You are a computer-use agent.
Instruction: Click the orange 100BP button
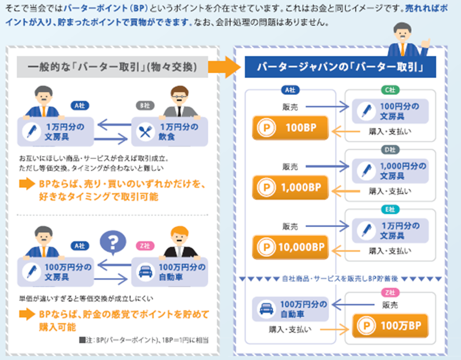point(290,128)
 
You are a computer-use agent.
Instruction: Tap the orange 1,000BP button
point(290,187)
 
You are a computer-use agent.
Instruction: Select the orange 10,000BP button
point(290,247)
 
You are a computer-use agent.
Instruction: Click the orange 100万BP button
point(390,326)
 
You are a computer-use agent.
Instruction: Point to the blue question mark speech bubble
point(113,243)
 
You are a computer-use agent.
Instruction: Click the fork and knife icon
point(145,132)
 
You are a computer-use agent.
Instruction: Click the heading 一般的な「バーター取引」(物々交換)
point(112,67)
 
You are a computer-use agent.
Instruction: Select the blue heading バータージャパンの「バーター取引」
point(340,67)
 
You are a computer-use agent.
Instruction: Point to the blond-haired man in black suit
point(178,242)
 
